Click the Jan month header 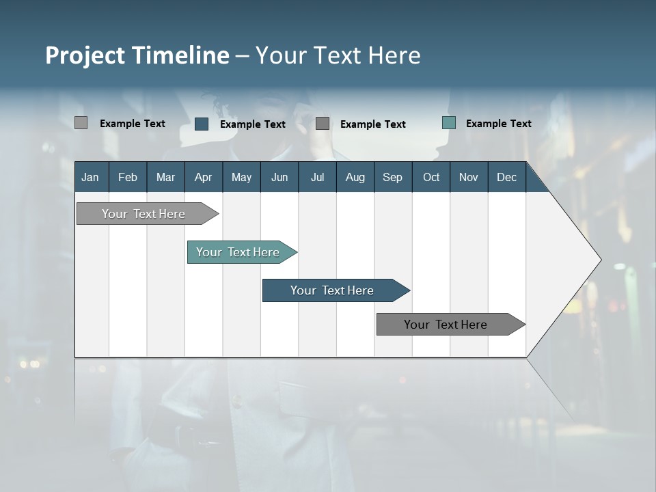tap(90, 177)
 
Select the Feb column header tap(128, 177)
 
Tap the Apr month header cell tap(203, 177)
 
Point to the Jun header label tap(279, 177)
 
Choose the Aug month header tap(355, 177)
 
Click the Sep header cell tap(392, 177)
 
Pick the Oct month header tap(431, 177)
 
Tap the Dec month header tap(506, 177)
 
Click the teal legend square tap(449, 123)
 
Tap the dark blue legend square tap(202, 124)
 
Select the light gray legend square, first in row tap(81, 123)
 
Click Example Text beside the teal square tap(498, 123)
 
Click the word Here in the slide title tap(394, 55)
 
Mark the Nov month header tap(468, 177)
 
